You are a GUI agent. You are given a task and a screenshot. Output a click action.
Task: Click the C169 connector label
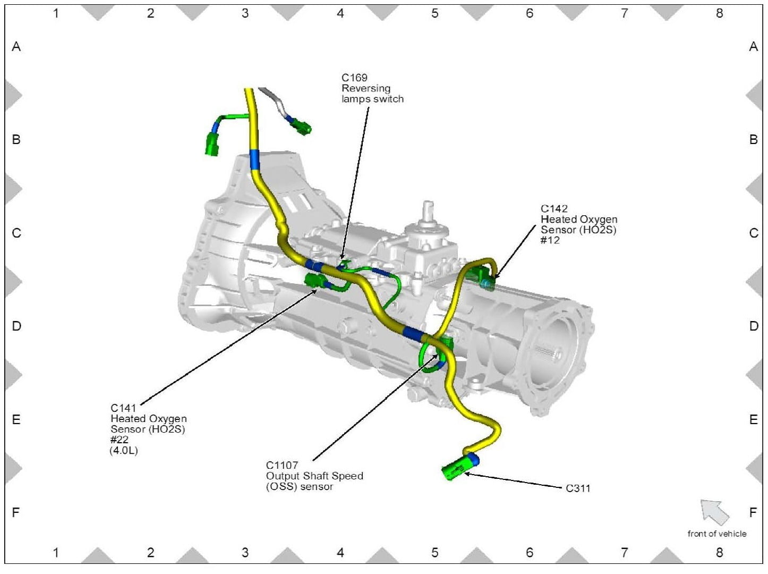click(x=354, y=78)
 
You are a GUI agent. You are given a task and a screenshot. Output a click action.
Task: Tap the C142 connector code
click(x=554, y=209)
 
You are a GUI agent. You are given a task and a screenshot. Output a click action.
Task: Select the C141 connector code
click(x=123, y=408)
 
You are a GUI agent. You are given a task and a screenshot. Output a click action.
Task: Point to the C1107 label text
click(x=281, y=466)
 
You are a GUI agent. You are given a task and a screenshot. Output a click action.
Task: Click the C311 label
click(x=578, y=488)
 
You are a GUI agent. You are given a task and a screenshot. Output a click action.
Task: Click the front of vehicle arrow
click(x=714, y=512)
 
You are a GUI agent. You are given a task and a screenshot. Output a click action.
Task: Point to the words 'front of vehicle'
click(x=716, y=534)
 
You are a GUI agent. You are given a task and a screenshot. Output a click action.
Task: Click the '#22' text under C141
click(x=119, y=440)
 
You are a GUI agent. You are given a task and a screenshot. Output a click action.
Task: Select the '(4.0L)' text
click(x=123, y=451)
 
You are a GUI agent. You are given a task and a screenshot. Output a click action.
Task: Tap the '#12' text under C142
click(x=550, y=240)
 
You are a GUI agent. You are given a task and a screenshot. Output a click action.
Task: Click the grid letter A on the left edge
click(x=16, y=47)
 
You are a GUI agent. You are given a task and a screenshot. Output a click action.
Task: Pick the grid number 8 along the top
click(x=719, y=13)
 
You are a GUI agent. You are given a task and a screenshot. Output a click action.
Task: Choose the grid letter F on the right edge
click(x=753, y=513)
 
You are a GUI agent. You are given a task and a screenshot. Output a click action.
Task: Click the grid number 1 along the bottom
click(x=56, y=553)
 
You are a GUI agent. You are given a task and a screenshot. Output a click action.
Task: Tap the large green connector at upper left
click(x=212, y=143)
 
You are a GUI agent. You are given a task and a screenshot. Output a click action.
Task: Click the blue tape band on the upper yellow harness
click(x=254, y=159)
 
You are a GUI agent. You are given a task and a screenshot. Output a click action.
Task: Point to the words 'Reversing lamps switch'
click(x=372, y=94)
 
